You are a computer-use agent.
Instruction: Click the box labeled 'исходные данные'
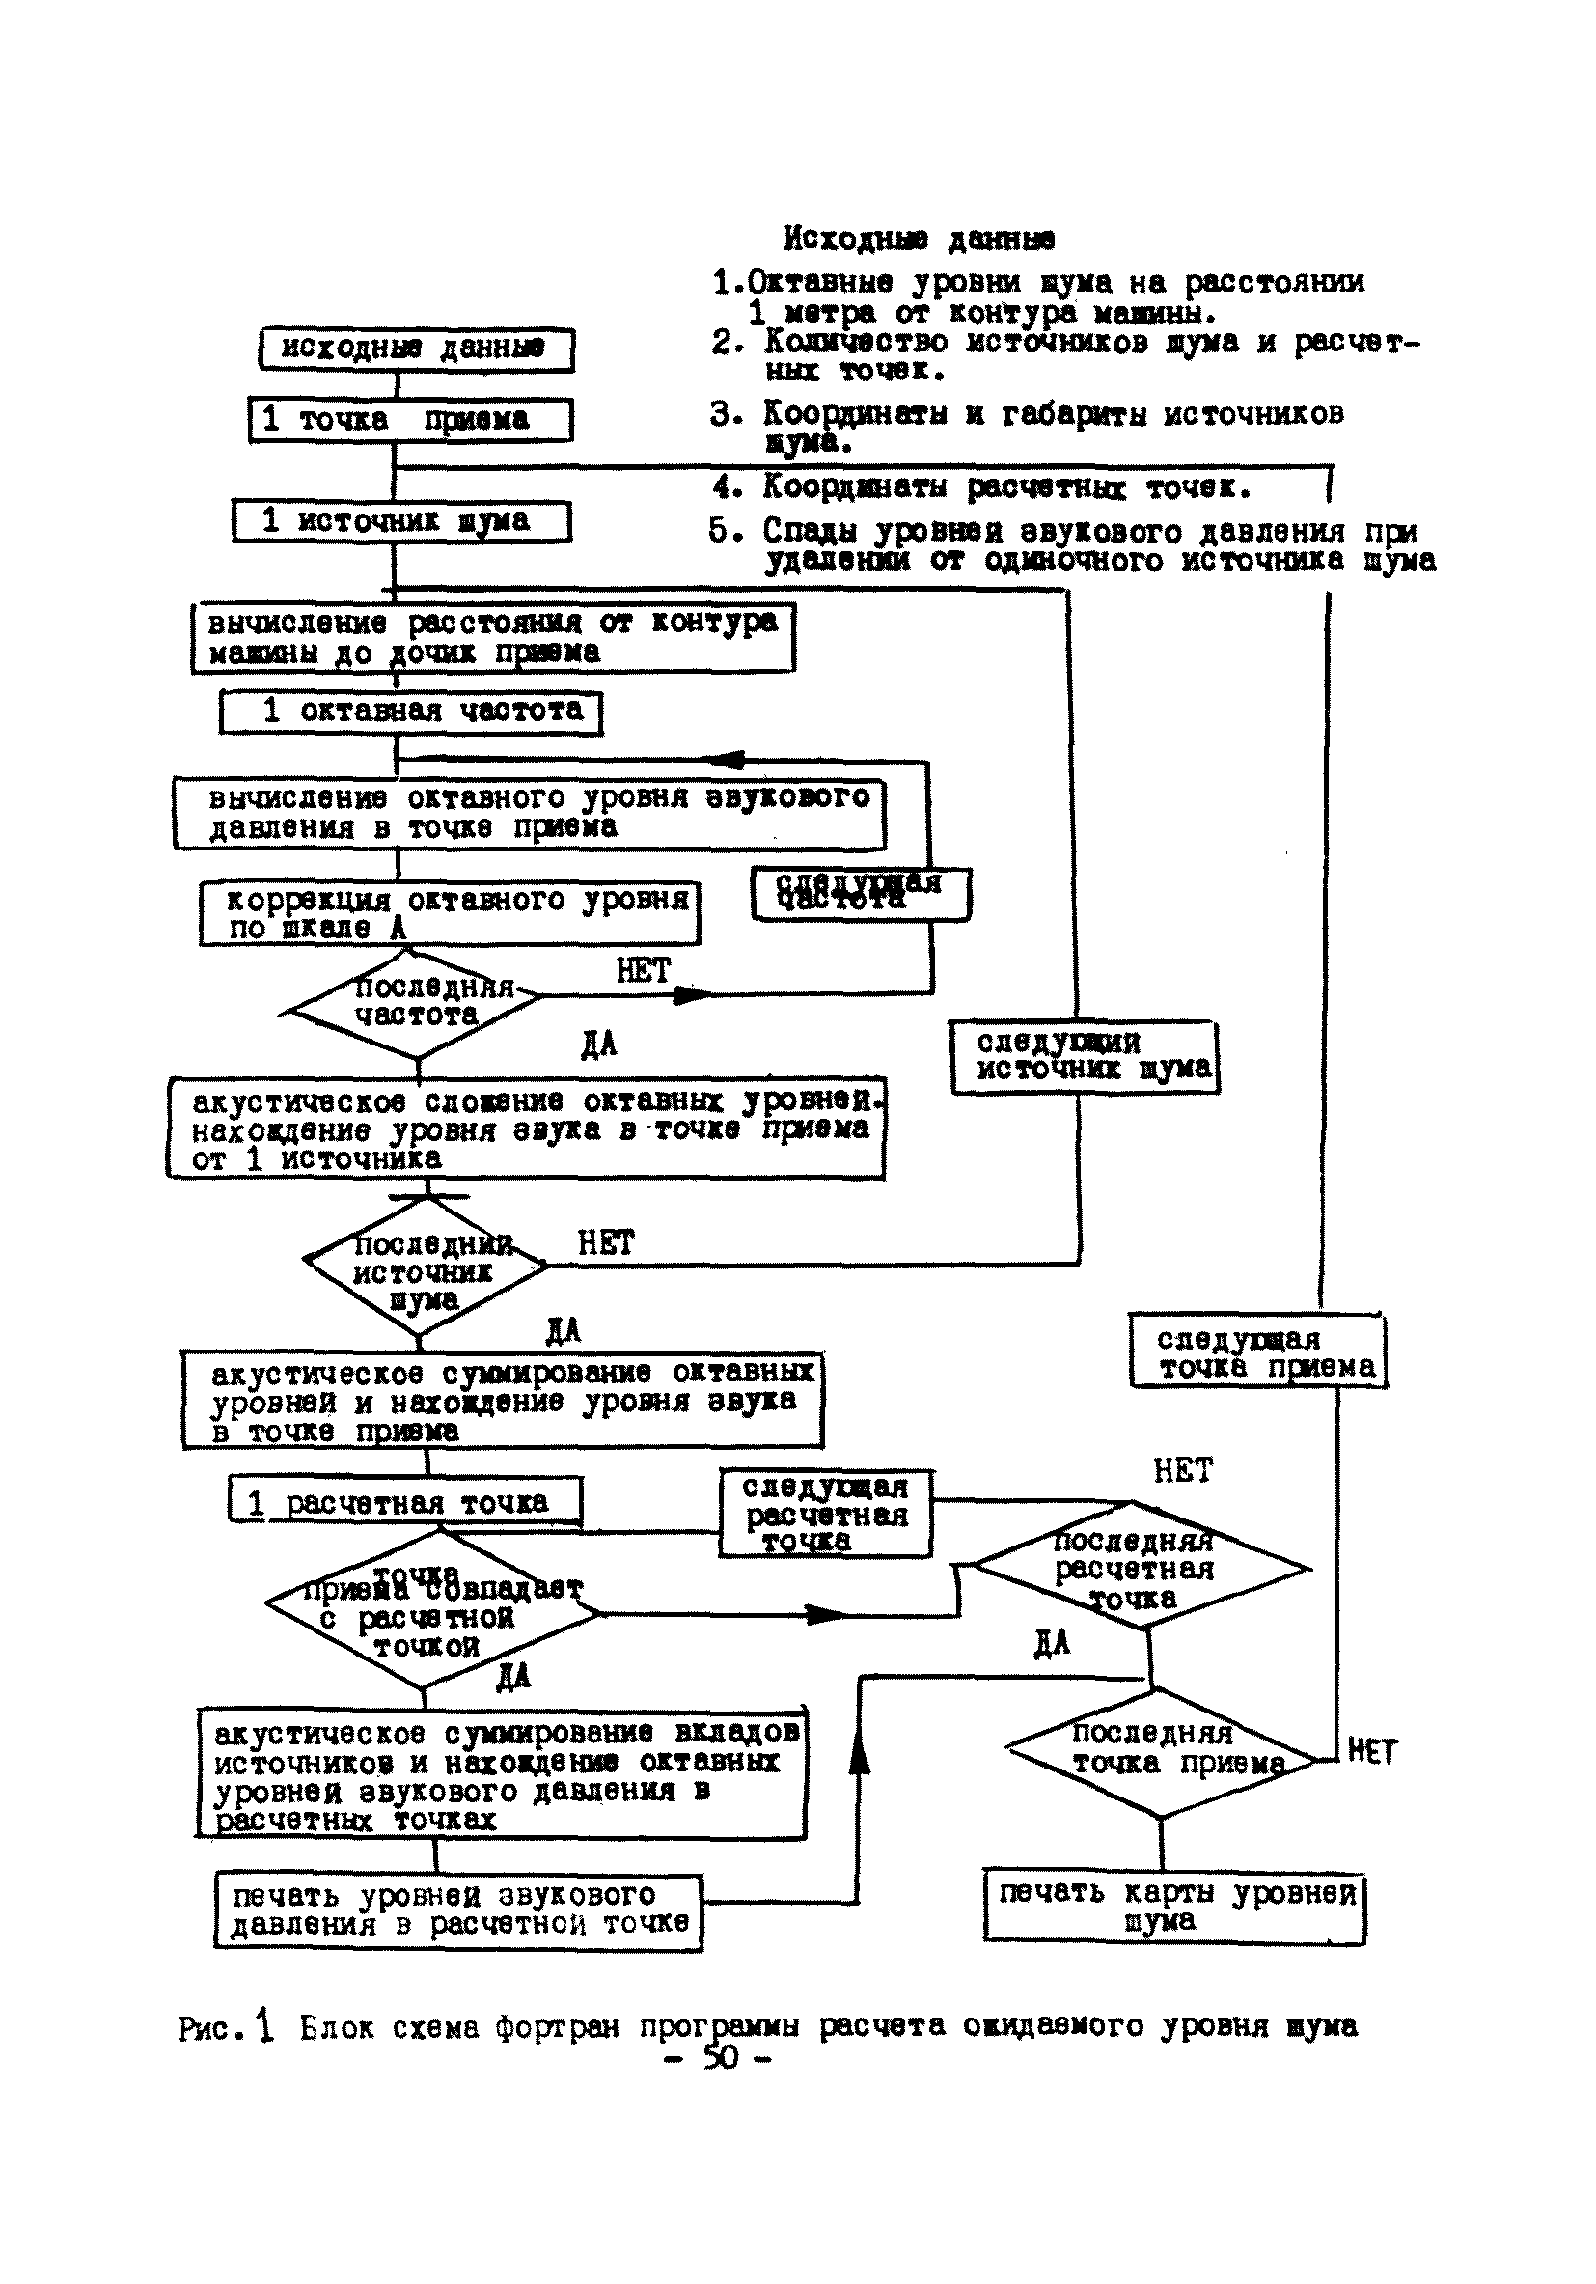(416, 349)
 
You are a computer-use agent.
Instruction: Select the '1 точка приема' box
(410, 420)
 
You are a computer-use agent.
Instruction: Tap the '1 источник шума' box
(401, 521)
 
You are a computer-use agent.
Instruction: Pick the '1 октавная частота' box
(411, 711)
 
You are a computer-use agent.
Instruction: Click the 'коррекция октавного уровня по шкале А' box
(450, 913)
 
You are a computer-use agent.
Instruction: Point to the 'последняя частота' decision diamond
(415, 1002)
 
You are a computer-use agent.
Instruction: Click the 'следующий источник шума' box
(1084, 1056)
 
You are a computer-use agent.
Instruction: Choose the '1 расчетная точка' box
(404, 1501)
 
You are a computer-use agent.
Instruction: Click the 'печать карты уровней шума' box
(1174, 1906)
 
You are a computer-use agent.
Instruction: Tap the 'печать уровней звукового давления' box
(458, 1911)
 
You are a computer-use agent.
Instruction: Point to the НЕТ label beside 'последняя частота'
(644, 970)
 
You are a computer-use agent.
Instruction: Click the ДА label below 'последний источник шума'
(563, 1331)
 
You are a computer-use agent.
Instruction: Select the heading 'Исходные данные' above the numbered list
(919, 238)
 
